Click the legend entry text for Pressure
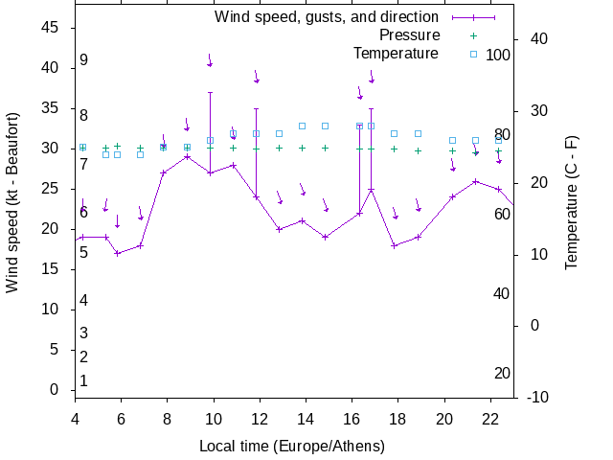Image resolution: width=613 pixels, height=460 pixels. (x=409, y=34)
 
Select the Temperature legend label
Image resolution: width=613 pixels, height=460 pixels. (x=396, y=53)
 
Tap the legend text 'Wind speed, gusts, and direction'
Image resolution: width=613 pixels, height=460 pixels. (x=326, y=16)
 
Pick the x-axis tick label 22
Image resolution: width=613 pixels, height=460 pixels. (x=490, y=418)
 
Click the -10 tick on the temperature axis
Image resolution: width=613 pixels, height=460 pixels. (x=537, y=397)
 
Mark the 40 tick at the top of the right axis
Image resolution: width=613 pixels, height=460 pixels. (x=538, y=39)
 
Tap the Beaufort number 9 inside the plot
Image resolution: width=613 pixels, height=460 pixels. (x=84, y=60)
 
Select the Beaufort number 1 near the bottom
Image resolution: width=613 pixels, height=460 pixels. (x=84, y=380)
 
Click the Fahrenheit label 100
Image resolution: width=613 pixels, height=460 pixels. (x=498, y=55)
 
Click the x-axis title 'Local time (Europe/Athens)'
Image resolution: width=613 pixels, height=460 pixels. (x=292, y=446)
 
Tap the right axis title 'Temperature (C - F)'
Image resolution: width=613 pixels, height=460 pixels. (x=572, y=202)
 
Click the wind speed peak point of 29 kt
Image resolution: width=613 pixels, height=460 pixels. (x=187, y=156)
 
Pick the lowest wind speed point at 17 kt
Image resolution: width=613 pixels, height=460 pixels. (x=117, y=253)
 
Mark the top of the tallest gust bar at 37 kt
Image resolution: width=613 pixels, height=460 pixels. (x=210, y=93)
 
